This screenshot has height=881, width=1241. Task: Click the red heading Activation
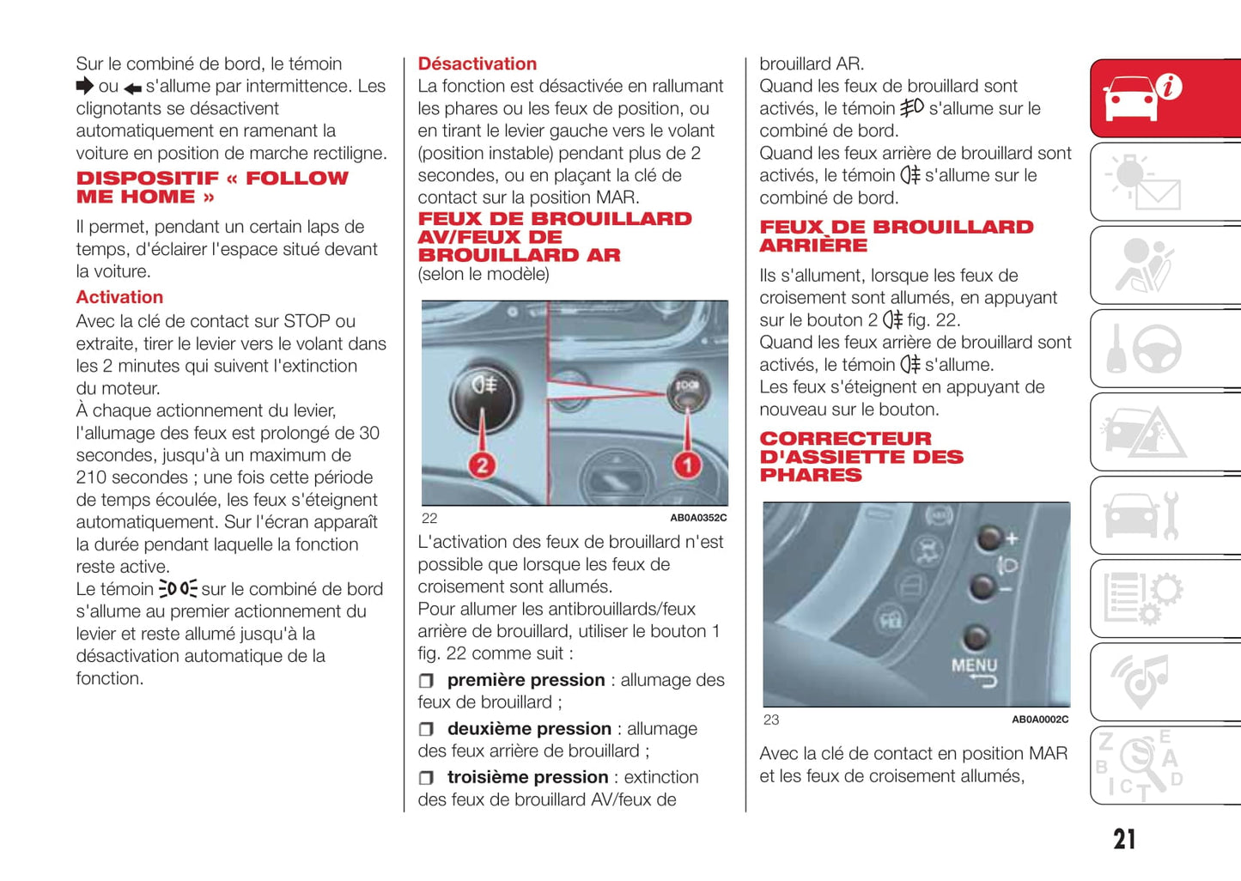click(119, 297)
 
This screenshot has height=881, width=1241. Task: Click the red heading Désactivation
click(477, 64)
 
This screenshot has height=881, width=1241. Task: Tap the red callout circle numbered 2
click(482, 465)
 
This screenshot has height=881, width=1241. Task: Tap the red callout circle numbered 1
click(687, 465)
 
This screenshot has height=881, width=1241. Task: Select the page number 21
click(1124, 839)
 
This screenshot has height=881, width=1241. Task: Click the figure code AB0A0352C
click(697, 518)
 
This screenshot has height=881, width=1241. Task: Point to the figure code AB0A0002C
click(1039, 720)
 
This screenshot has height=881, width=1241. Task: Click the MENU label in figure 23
click(974, 665)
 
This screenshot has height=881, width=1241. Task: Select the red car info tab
click(1165, 98)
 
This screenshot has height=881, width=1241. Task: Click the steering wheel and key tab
click(1165, 349)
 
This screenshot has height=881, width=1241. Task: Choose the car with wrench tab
click(1165, 515)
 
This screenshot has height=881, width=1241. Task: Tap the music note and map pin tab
click(1165, 682)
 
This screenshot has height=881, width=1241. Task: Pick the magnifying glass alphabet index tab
click(1165, 765)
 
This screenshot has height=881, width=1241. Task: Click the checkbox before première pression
click(426, 681)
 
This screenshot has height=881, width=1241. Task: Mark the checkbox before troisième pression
click(426, 778)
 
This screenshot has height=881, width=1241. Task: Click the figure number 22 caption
click(429, 519)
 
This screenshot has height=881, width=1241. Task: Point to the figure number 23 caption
click(771, 720)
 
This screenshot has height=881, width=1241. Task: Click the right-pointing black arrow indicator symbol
click(84, 86)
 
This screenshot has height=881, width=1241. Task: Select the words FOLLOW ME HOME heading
click(212, 187)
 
